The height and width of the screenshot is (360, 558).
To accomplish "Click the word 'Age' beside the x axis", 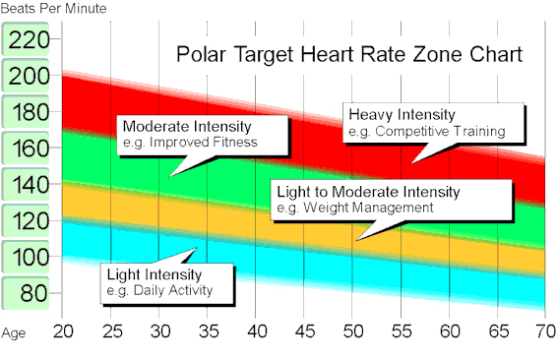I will (x=14, y=331).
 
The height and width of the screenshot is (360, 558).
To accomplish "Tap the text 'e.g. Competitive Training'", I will (x=426, y=130).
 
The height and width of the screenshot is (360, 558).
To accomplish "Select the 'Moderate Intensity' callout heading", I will (x=186, y=127).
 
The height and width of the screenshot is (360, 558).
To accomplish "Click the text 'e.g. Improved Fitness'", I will (x=188, y=142).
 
